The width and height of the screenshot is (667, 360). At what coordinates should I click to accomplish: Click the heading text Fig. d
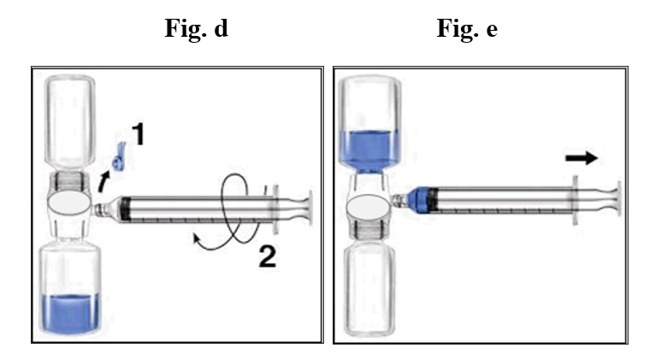point(197,29)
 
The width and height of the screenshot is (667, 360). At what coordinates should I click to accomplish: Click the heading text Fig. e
point(467,29)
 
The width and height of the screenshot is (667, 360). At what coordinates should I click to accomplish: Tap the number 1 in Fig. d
point(139,134)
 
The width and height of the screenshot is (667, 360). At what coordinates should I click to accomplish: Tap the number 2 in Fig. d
point(268,257)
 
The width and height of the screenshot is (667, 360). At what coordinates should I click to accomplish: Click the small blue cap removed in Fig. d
point(119,157)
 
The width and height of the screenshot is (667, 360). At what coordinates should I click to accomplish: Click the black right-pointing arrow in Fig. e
point(581,158)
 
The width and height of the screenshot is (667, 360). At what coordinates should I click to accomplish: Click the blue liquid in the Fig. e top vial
point(369,152)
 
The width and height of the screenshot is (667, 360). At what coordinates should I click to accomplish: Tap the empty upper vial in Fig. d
point(70,122)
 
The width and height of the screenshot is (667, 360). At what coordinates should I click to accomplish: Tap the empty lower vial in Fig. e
point(369,289)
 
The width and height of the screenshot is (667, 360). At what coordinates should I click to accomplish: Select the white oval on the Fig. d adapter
point(69,202)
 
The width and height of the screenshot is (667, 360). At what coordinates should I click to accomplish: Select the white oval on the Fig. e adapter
point(368,207)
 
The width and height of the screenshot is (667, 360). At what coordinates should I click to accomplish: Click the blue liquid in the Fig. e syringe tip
point(419,199)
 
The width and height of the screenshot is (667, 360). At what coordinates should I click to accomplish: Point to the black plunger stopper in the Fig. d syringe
point(125,209)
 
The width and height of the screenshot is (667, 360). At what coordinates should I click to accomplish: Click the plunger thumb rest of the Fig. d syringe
point(310,208)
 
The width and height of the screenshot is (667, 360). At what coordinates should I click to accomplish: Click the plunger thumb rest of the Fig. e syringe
point(618,198)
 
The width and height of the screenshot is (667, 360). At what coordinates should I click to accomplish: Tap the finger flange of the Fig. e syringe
point(576,199)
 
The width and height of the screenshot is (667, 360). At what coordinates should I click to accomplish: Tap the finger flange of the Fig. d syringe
point(275,209)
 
